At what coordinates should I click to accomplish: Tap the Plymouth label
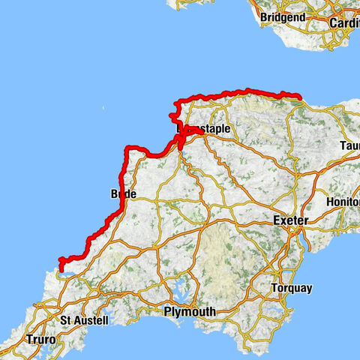click(x=190, y=311)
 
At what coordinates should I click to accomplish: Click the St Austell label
click(x=84, y=320)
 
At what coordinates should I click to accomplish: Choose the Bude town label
click(x=123, y=193)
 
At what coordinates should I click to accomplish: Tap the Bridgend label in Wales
click(x=283, y=16)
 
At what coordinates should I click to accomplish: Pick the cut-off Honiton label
click(x=344, y=202)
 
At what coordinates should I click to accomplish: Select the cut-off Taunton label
click(x=349, y=145)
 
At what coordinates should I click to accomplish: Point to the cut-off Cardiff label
click(x=345, y=22)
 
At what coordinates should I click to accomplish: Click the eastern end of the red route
click(x=299, y=96)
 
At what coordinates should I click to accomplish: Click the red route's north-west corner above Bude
click(x=127, y=148)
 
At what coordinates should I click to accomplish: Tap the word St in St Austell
click(x=64, y=320)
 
